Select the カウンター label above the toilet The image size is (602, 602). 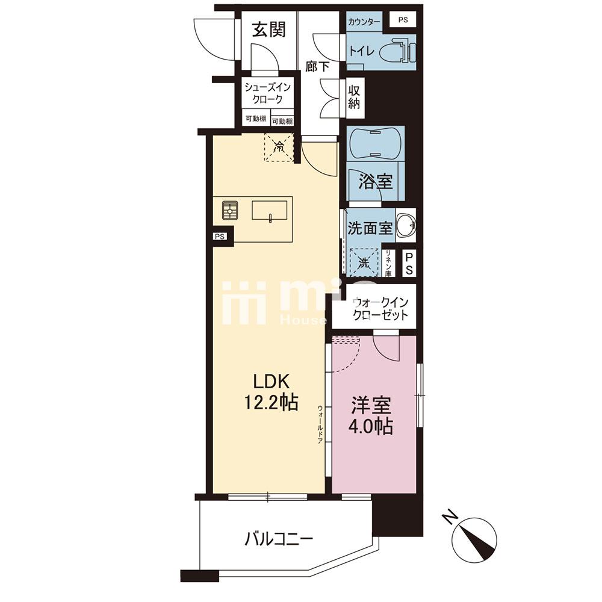(364, 22)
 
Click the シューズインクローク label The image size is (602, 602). (267, 93)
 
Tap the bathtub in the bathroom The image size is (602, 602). (376, 145)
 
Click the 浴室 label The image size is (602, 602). (376, 181)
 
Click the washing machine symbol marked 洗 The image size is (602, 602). (364, 262)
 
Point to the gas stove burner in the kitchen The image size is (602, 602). (229, 210)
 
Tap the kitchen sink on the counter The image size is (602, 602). (269, 211)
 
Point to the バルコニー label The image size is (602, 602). (278, 537)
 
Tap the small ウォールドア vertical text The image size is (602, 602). (320, 424)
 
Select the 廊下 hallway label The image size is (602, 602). (317, 67)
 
